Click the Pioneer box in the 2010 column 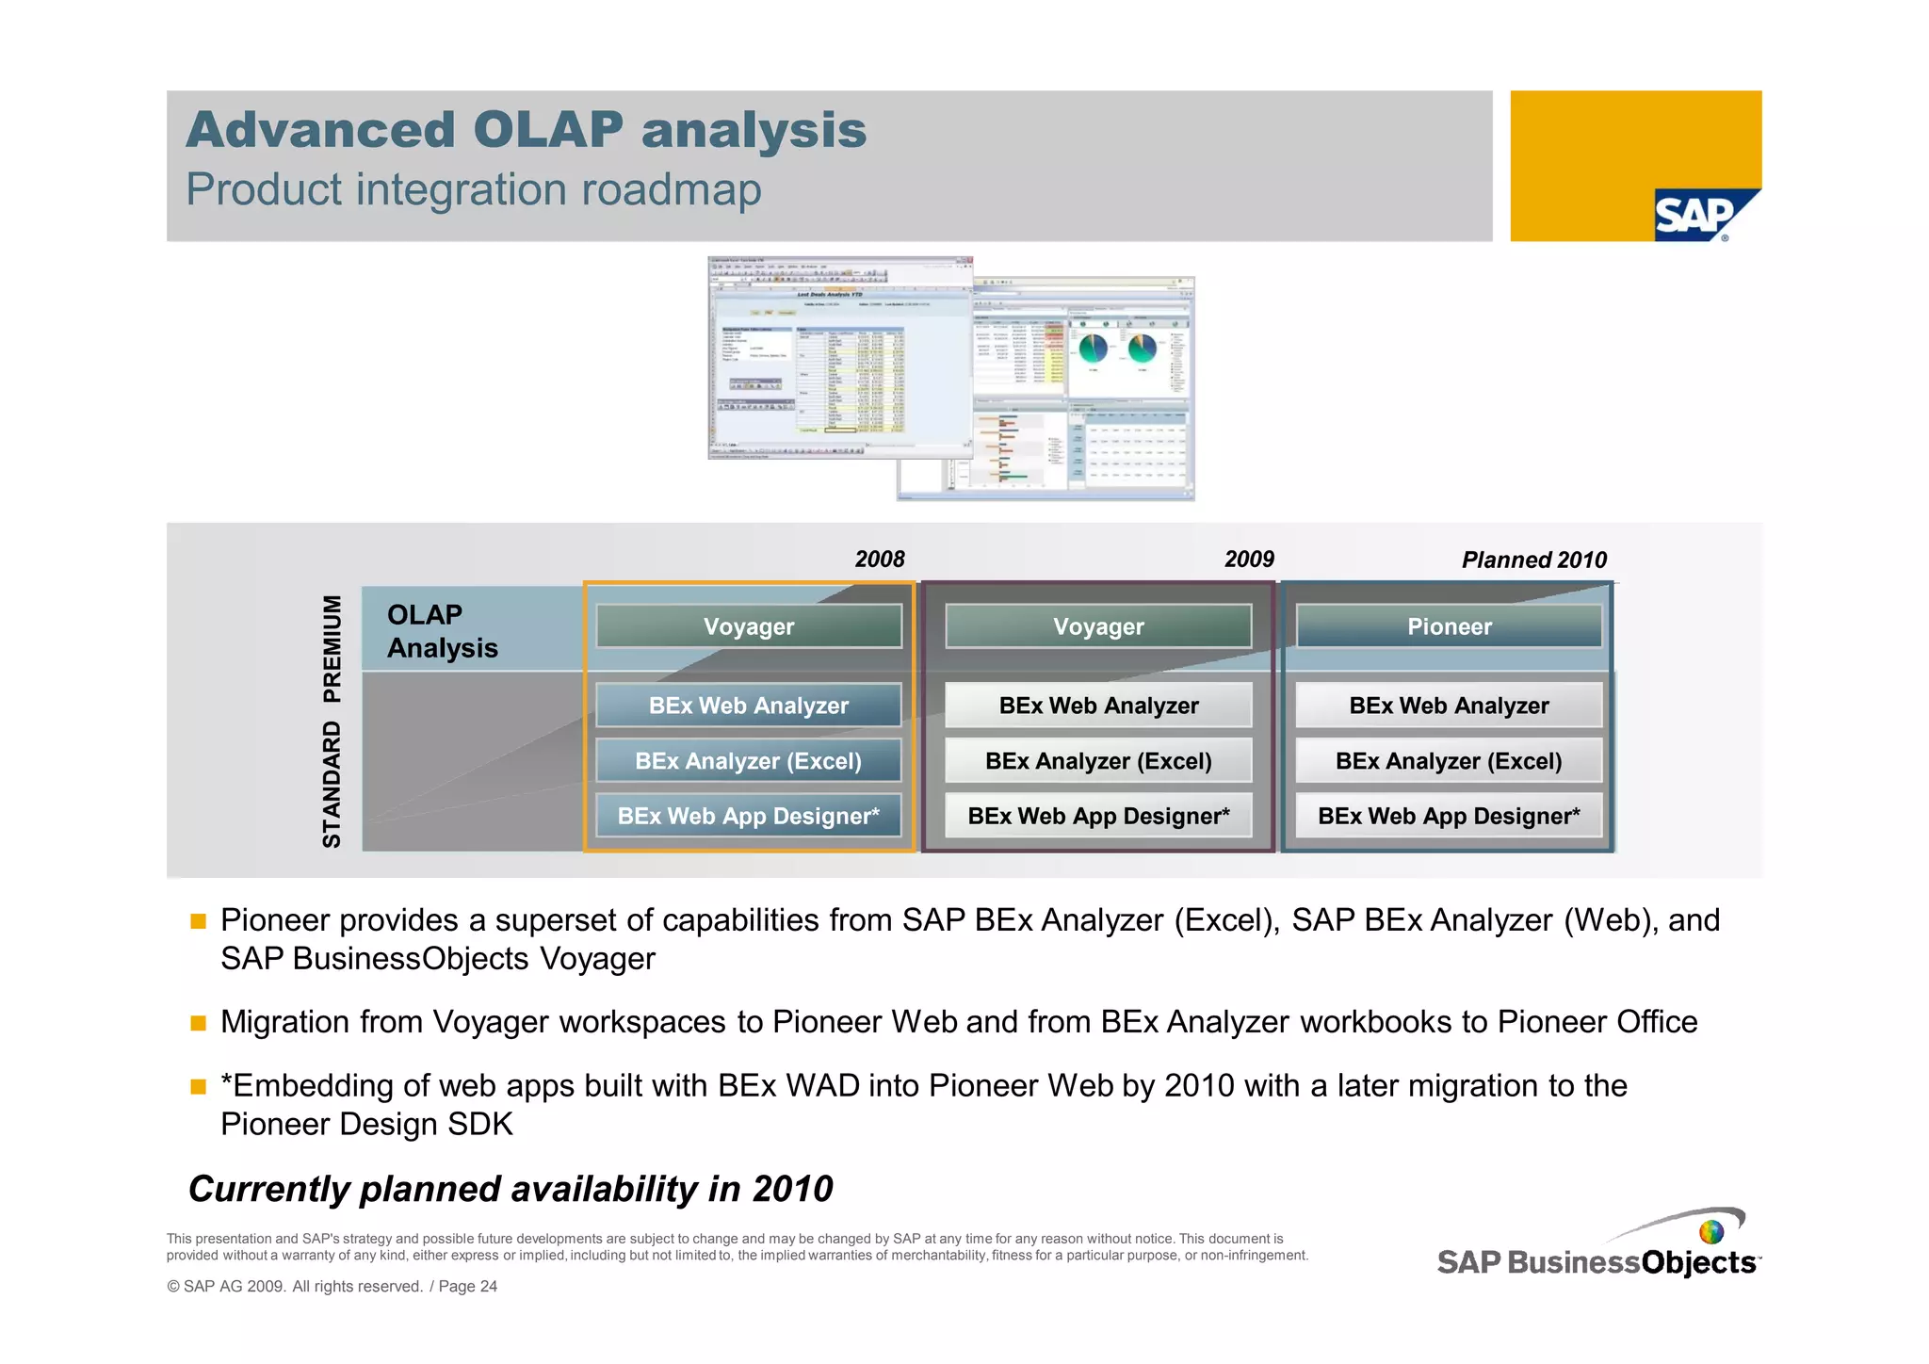(1449, 626)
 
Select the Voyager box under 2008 (749, 626)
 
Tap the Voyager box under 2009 (1098, 626)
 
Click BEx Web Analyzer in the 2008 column (749, 706)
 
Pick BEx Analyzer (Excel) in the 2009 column (1098, 761)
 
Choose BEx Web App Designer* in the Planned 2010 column (1449, 816)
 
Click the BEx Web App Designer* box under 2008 (749, 816)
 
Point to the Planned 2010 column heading (1533, 560)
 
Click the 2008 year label (879, 560)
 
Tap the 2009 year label (1249, 560)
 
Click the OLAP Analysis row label (442, 631)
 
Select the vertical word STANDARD (332, 785)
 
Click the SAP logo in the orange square (1695, 216)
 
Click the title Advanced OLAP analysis (526, 130)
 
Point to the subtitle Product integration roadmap (473, 189)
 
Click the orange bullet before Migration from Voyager (198, 1023)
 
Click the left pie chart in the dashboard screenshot (1094, 349)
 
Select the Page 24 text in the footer (468, 1287)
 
